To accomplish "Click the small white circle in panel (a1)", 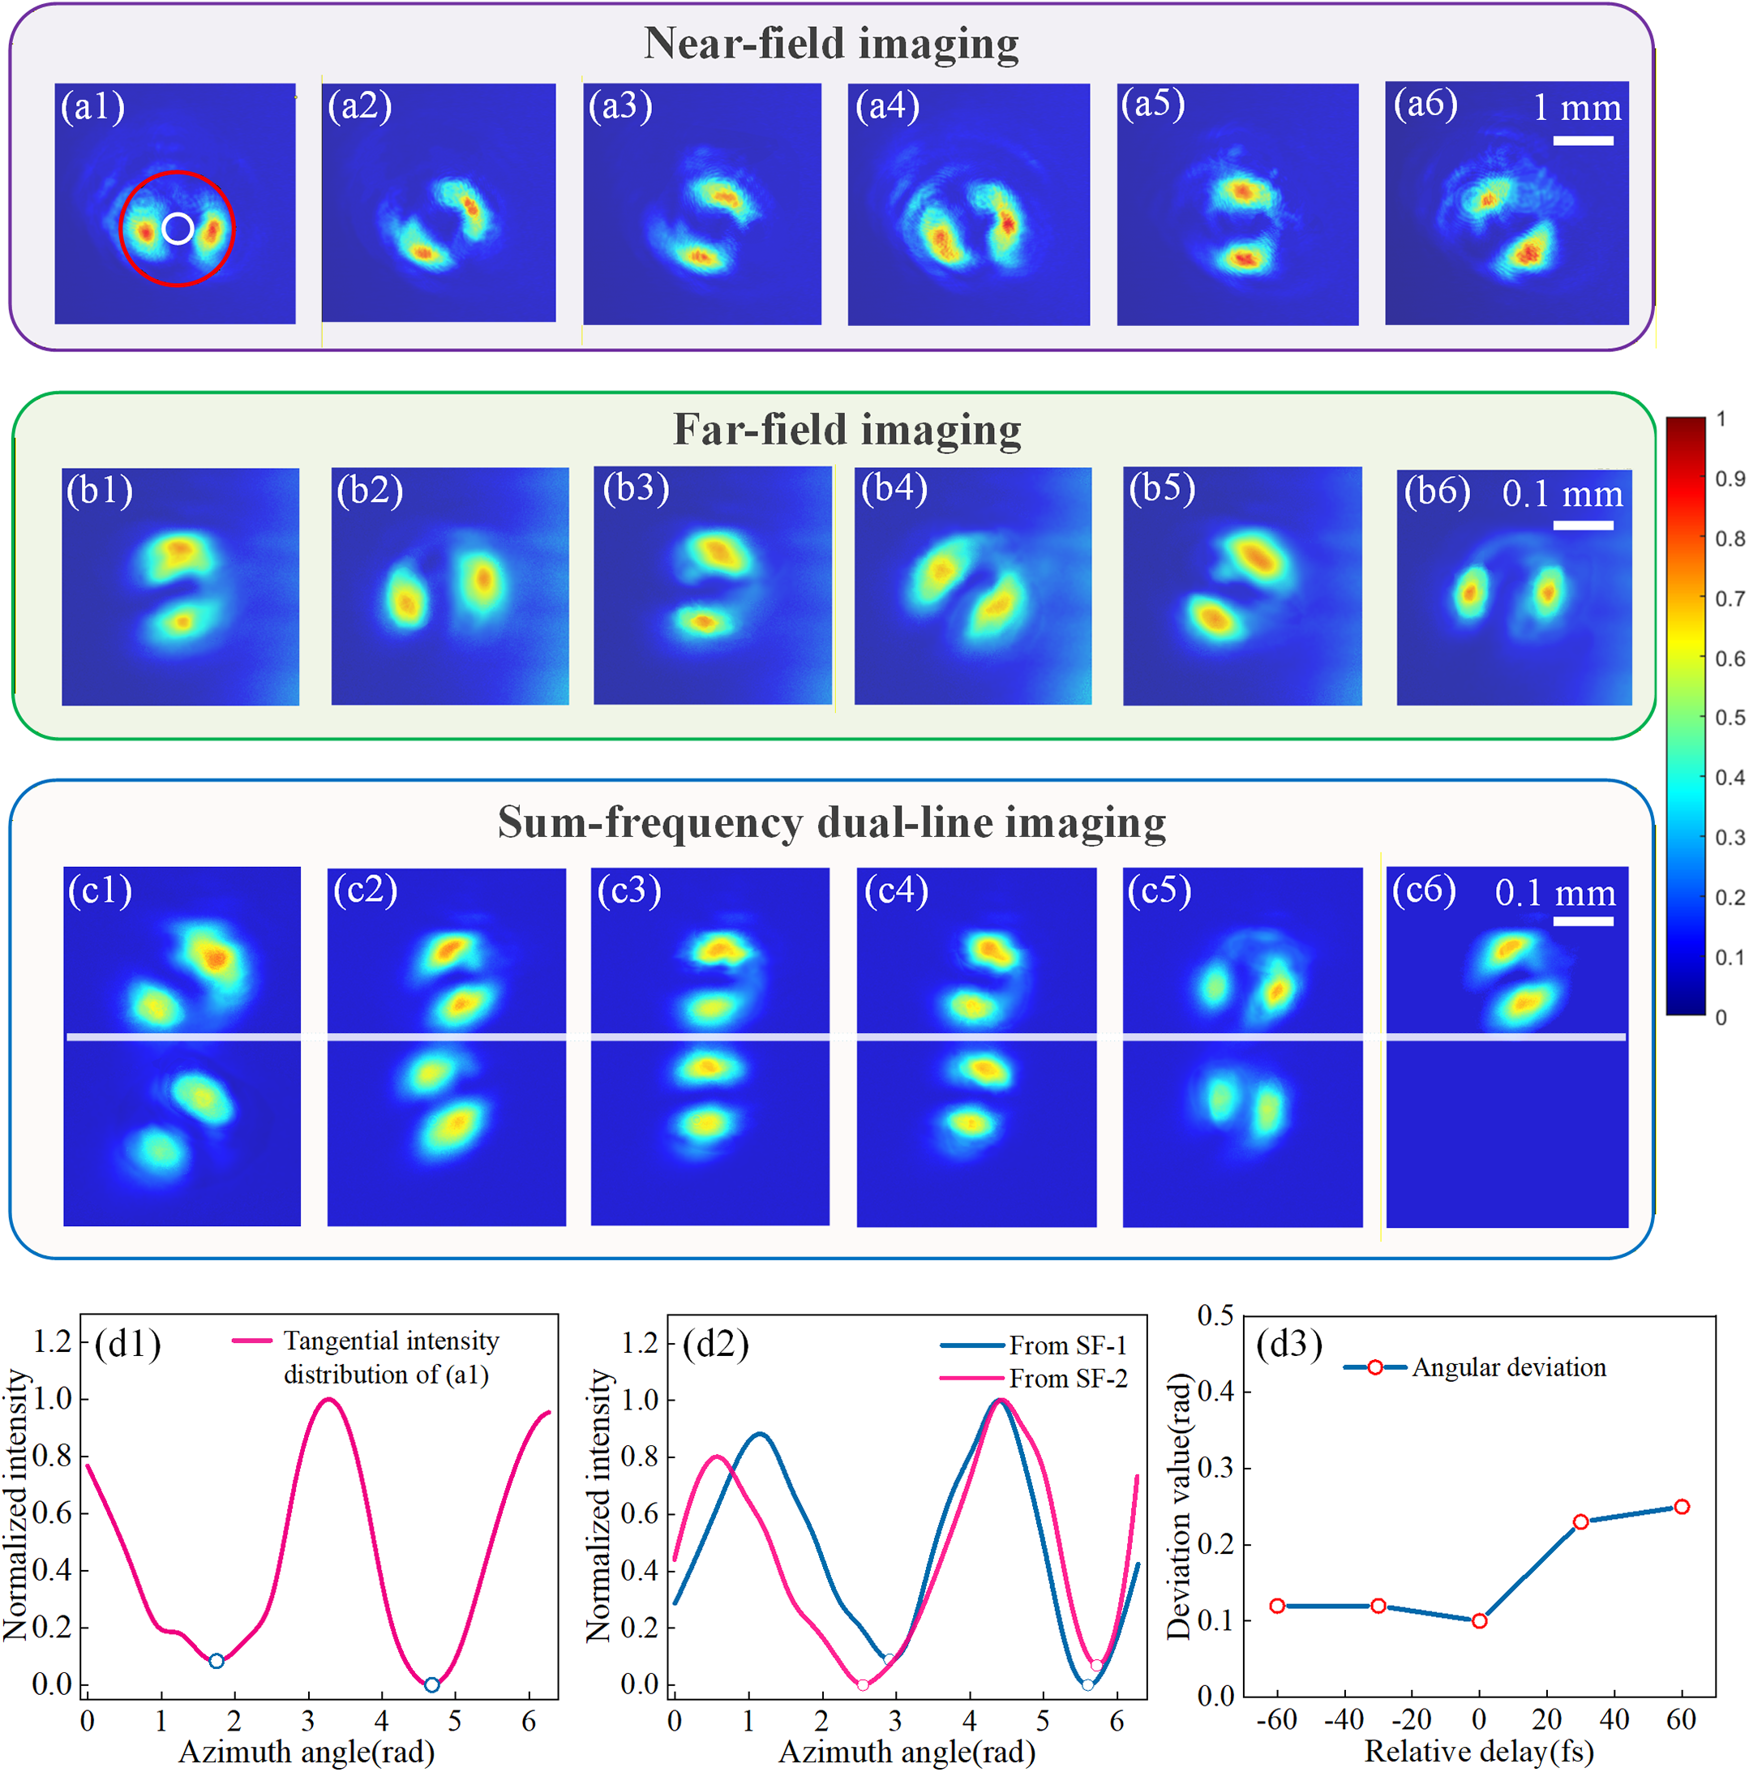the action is (178, 229).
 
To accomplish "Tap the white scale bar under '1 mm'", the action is (1583, 140).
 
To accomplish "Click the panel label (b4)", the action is (894, 488).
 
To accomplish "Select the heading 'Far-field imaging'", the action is (847, 429).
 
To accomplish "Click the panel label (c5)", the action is (1160, 890).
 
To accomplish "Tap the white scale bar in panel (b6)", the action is (1583, 525).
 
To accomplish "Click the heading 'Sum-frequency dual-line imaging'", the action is (831, 822).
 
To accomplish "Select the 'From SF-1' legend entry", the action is (1034, 1345).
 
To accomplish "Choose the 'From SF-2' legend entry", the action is (1034, 1379).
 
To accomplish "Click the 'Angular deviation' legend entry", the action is (1475, 1367).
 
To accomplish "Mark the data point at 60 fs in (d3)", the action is (1681, 1507).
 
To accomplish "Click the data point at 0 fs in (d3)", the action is (1479, 1620).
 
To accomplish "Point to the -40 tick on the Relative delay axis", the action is (1344, 1718).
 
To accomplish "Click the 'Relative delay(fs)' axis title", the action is (1478, 1751).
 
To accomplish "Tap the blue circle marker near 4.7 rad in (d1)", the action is (431, 1685).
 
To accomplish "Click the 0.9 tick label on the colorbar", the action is (1730, 478).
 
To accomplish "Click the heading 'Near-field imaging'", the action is (831, 43).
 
